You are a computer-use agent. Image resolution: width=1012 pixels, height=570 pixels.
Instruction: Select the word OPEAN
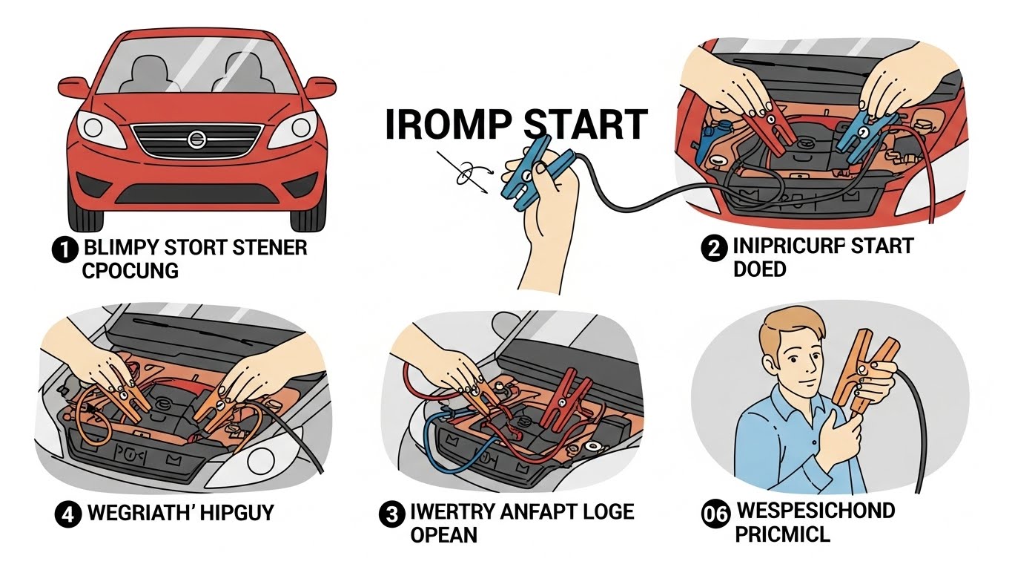444,534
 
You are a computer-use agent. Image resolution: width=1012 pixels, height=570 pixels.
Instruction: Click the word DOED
759,269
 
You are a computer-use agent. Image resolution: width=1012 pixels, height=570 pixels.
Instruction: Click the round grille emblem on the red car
196,138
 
